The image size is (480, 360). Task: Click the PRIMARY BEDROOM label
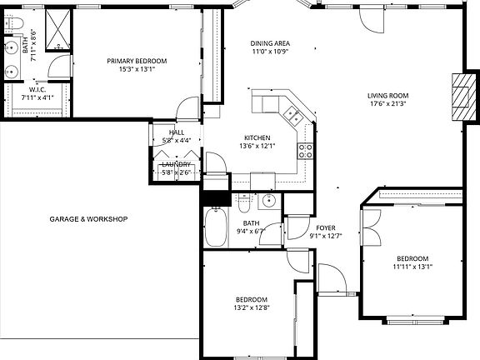[x=137, y=61]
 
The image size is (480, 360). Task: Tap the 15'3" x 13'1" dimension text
[x=137, y=70]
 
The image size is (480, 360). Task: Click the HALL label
[x=177, y=132]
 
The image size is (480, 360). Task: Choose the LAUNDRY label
[x=177, y=164]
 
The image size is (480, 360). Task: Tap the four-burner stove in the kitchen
[x=305, y=151]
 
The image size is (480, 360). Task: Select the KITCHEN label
[x=257, y=137]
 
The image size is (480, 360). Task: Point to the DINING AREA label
[x=270, y=42]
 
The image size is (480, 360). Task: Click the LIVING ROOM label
[x=387, y=95]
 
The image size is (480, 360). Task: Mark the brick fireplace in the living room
[x=459, y=97]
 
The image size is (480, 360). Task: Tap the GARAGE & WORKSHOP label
[x=88, y=219]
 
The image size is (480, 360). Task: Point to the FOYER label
[x=325, y=227]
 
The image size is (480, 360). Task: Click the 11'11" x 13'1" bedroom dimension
[x=412, y=267]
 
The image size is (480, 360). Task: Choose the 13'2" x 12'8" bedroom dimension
[x=251, y=308]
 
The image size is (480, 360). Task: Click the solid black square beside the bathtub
[x=216, y=198]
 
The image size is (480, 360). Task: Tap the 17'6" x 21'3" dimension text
[x=387, y=104]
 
